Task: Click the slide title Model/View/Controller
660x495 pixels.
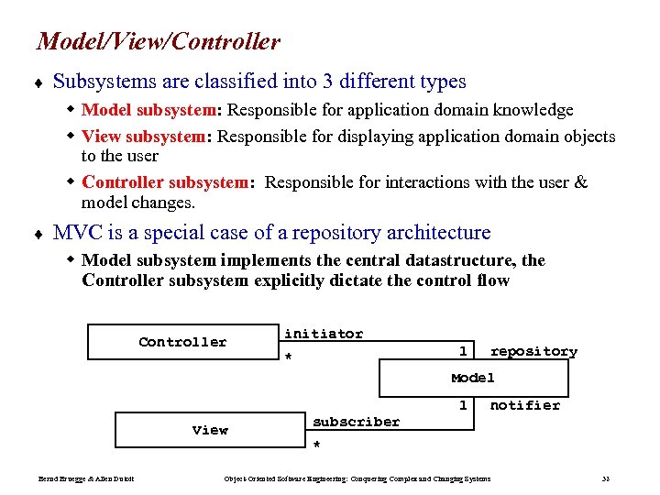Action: [x=158, y=41]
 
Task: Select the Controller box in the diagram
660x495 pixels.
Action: [x=182, y=342]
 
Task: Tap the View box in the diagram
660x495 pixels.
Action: [x=210, y=429]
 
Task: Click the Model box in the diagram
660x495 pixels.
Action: [x=473, y=378]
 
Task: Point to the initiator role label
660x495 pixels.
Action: [x=324, y=334]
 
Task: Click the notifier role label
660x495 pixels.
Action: [x=524, y=405]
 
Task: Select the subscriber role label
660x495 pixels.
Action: [x=356, y=422]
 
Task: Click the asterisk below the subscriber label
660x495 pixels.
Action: [x=316, y=445]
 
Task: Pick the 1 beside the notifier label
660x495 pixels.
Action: [x=463, y=405]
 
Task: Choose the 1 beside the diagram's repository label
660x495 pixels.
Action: [x=463, y=351]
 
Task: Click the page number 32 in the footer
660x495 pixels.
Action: [x=606, y=478]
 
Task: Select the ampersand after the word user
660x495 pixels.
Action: [x=579, y=181]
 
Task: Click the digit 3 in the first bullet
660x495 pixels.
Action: [x=327, y=82]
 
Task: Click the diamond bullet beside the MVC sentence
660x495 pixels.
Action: [x=39, y=234]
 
